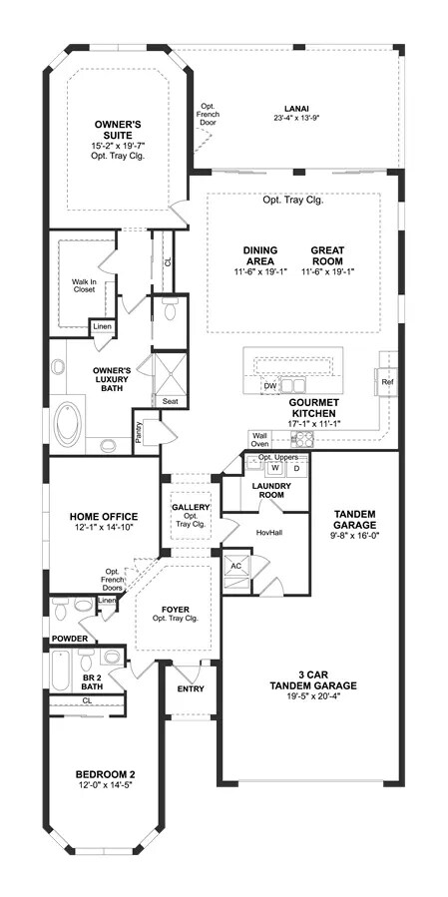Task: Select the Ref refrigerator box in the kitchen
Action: pos(387,382)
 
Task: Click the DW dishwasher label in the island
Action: pos(270,386)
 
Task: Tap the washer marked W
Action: pos(275,468)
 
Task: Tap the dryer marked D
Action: pos(296,468)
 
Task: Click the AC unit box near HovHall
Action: pos(236,565)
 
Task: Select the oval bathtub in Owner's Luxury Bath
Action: pos(68,423)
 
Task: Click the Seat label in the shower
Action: pos(170,401)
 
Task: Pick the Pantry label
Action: pos(139,432)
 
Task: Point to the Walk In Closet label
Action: pos(84,285)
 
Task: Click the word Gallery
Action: pos(192,507)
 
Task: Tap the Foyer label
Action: pos(175,610)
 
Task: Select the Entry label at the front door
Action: pos(191,688)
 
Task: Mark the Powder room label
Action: pos(70,639)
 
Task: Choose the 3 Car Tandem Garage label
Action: pos(313,679)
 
